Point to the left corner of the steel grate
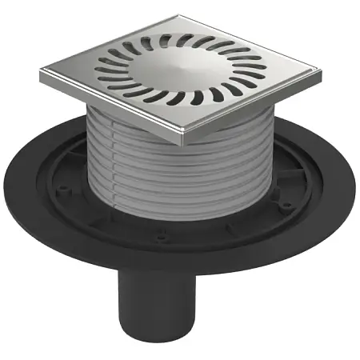[x=42, y=78]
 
